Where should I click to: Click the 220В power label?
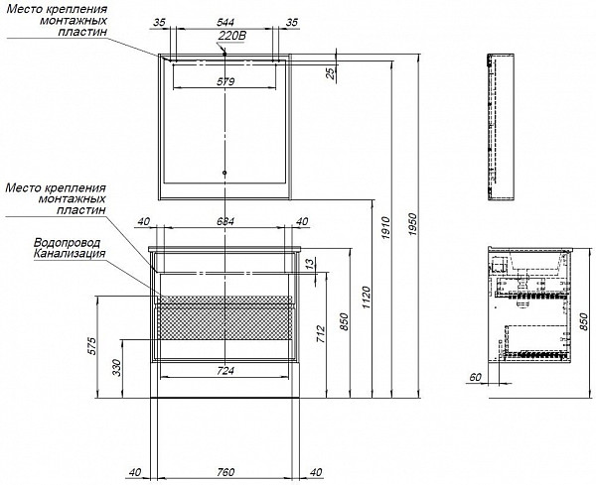click(x=232, y=36)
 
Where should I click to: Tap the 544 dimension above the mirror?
click(x=225, y=22)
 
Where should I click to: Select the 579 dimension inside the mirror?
click(x=225, y=81)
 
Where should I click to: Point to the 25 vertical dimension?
click(x=332, y=71)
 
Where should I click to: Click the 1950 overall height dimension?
click(x=413, y=224)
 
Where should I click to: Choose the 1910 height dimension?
click(x=385, y=227)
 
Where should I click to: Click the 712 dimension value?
click(x=321, y=334)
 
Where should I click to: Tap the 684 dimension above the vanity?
click(x=225, y=221)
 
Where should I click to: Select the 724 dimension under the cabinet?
click(x=225, y=371)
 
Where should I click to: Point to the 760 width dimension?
click(x=225, y=472)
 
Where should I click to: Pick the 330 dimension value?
click(x=116, y=367)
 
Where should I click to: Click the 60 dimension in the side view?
click(x=475, y=377)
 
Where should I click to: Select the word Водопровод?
click(x=68, y=242)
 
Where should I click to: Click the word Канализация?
click(x=70, y=253)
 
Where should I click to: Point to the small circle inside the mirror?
click(x=224, y=173)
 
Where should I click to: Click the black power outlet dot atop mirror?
click(x=224, y=54)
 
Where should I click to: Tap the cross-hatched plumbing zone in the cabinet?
click(x=224, y=318)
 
